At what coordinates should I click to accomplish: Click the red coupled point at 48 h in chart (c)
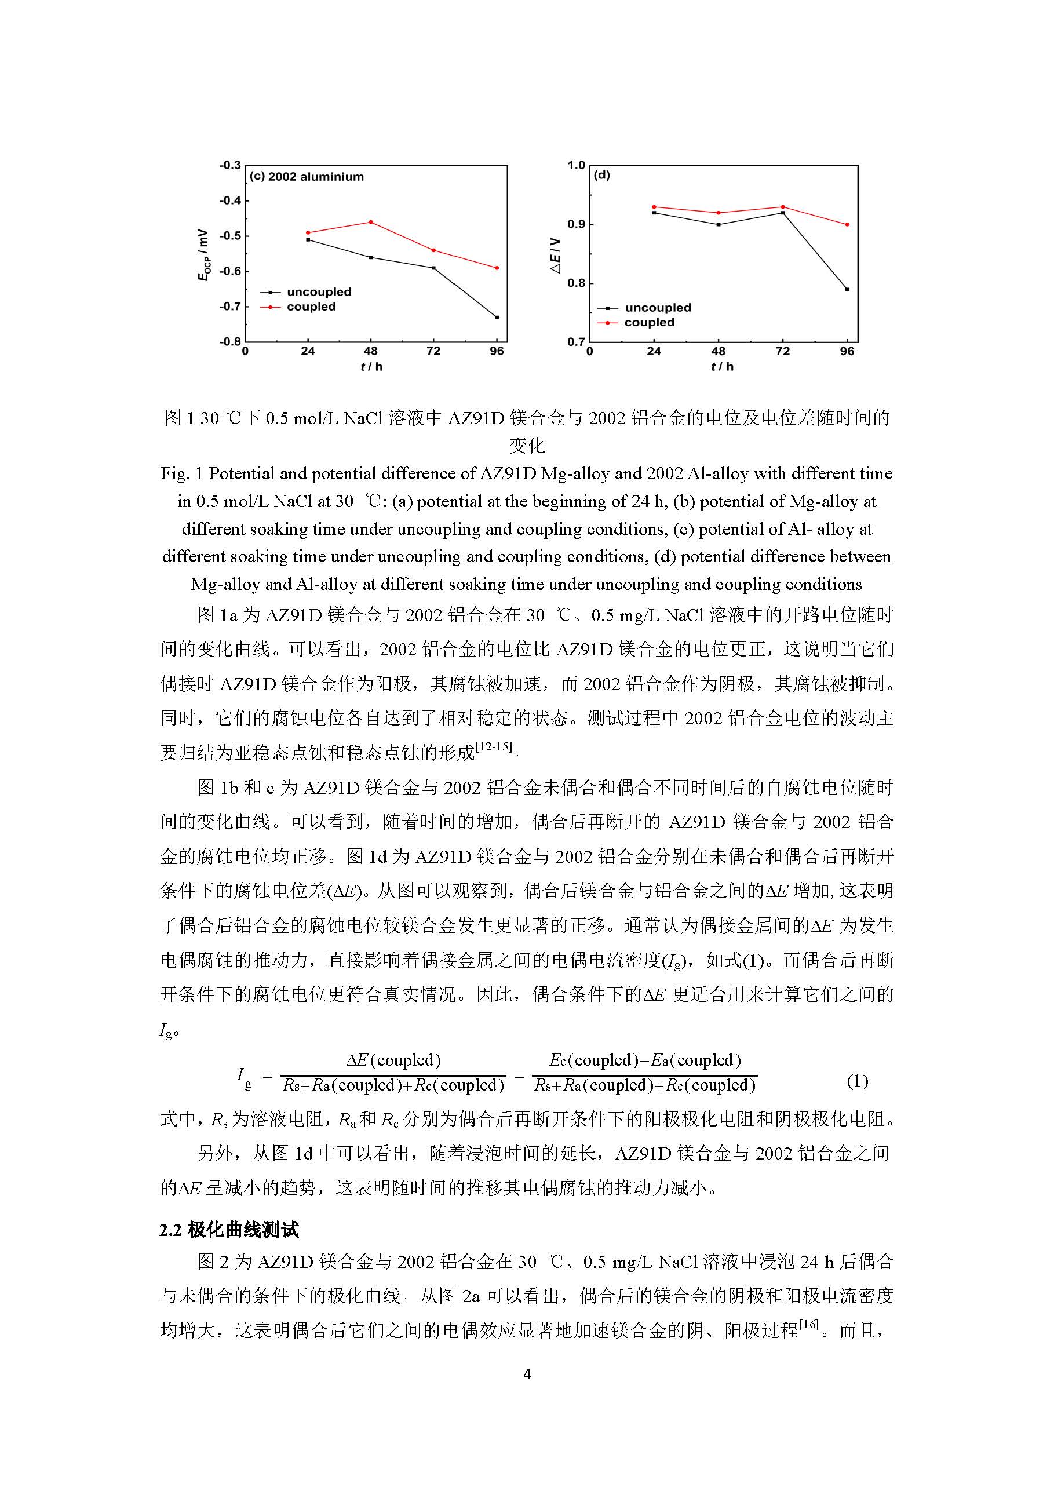(371, 222)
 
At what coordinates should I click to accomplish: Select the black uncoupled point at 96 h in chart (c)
(497, 317)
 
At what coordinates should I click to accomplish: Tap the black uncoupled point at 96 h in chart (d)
(847, 289)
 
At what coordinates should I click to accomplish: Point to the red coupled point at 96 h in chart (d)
(847, 225)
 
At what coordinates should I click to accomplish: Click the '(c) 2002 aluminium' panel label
(307, 177)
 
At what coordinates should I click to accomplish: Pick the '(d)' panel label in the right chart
(602, 176)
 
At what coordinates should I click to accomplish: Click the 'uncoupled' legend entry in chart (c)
(318, 292)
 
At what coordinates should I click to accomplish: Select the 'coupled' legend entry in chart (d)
(649, 323)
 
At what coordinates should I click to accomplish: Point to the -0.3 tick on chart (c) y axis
(230, 166)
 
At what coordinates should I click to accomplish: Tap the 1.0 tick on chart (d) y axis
(576, 166)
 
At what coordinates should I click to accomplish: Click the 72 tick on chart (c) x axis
(433, 351)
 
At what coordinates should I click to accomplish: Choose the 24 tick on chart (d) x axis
(654, 351)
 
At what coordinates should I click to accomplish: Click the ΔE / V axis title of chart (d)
(556, 254)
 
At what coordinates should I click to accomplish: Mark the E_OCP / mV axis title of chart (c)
(205, 254)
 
